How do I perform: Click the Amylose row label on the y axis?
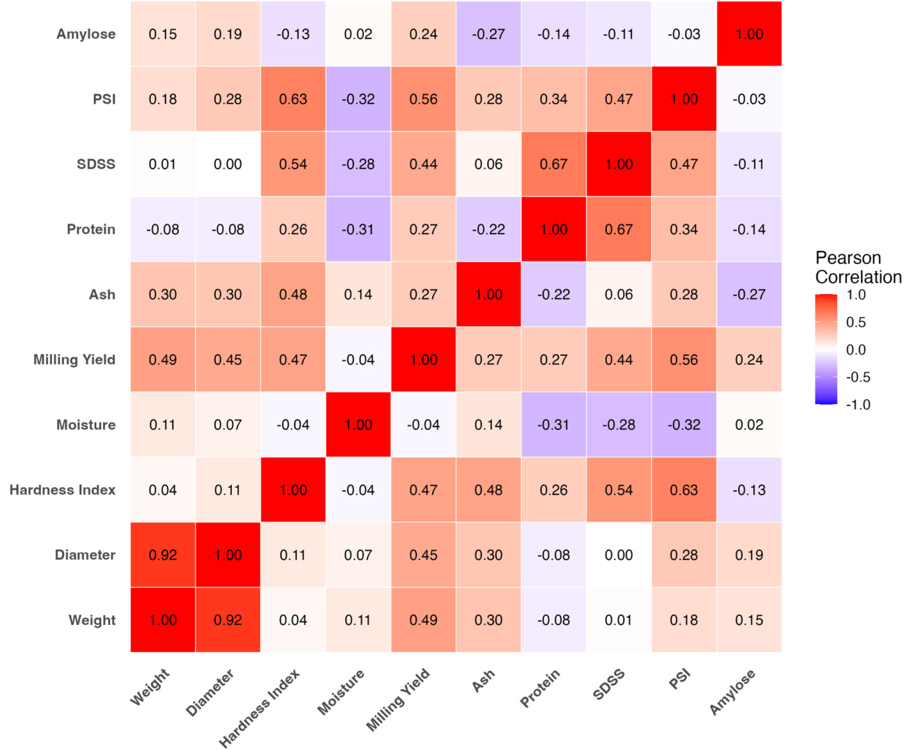pos(86,34)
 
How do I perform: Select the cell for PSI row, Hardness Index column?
pos(293,99)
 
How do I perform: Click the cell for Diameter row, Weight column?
pos(163,555)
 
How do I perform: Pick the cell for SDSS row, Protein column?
pos(554,164)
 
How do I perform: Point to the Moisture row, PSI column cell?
pos(684,425)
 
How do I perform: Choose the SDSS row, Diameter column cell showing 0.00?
pos(228,164)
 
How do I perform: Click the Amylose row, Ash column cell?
pos(488,34)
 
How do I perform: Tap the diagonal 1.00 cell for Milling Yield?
pos(423,359)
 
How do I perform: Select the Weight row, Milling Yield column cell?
pos(423,620)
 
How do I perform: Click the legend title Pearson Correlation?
pos(858,267)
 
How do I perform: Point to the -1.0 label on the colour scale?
pos(858,405)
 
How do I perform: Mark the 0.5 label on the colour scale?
pos(856,322)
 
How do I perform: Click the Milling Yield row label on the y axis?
pos(74,359)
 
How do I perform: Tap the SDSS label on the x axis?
pos(609,685)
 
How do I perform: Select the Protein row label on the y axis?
pos(91,229)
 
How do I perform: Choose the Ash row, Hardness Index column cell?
pos(293,294)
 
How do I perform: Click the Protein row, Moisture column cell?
pos(358,229)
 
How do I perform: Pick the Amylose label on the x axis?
pos(732,692)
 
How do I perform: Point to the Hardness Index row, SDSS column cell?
pos(619,490)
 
